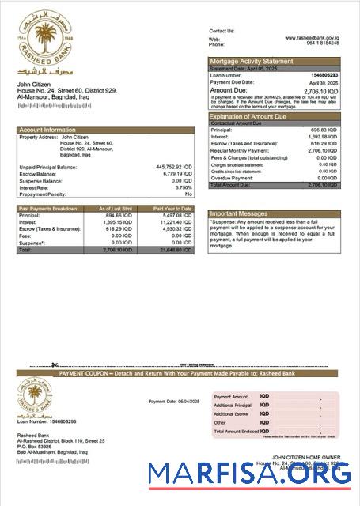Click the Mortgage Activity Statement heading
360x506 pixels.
(250, 60)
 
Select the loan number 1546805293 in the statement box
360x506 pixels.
(333, 75)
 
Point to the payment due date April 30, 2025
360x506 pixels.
(335, 82)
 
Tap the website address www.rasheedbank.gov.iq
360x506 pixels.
(317, 37)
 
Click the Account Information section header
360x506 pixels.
(47, 129)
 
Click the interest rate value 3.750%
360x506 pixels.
(181, 187)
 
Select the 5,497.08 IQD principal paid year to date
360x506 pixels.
(176, 214)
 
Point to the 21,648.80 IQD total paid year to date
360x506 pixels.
(176, 249)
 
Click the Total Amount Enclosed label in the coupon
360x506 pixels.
(235, 431)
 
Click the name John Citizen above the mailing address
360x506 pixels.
(35, 83)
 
